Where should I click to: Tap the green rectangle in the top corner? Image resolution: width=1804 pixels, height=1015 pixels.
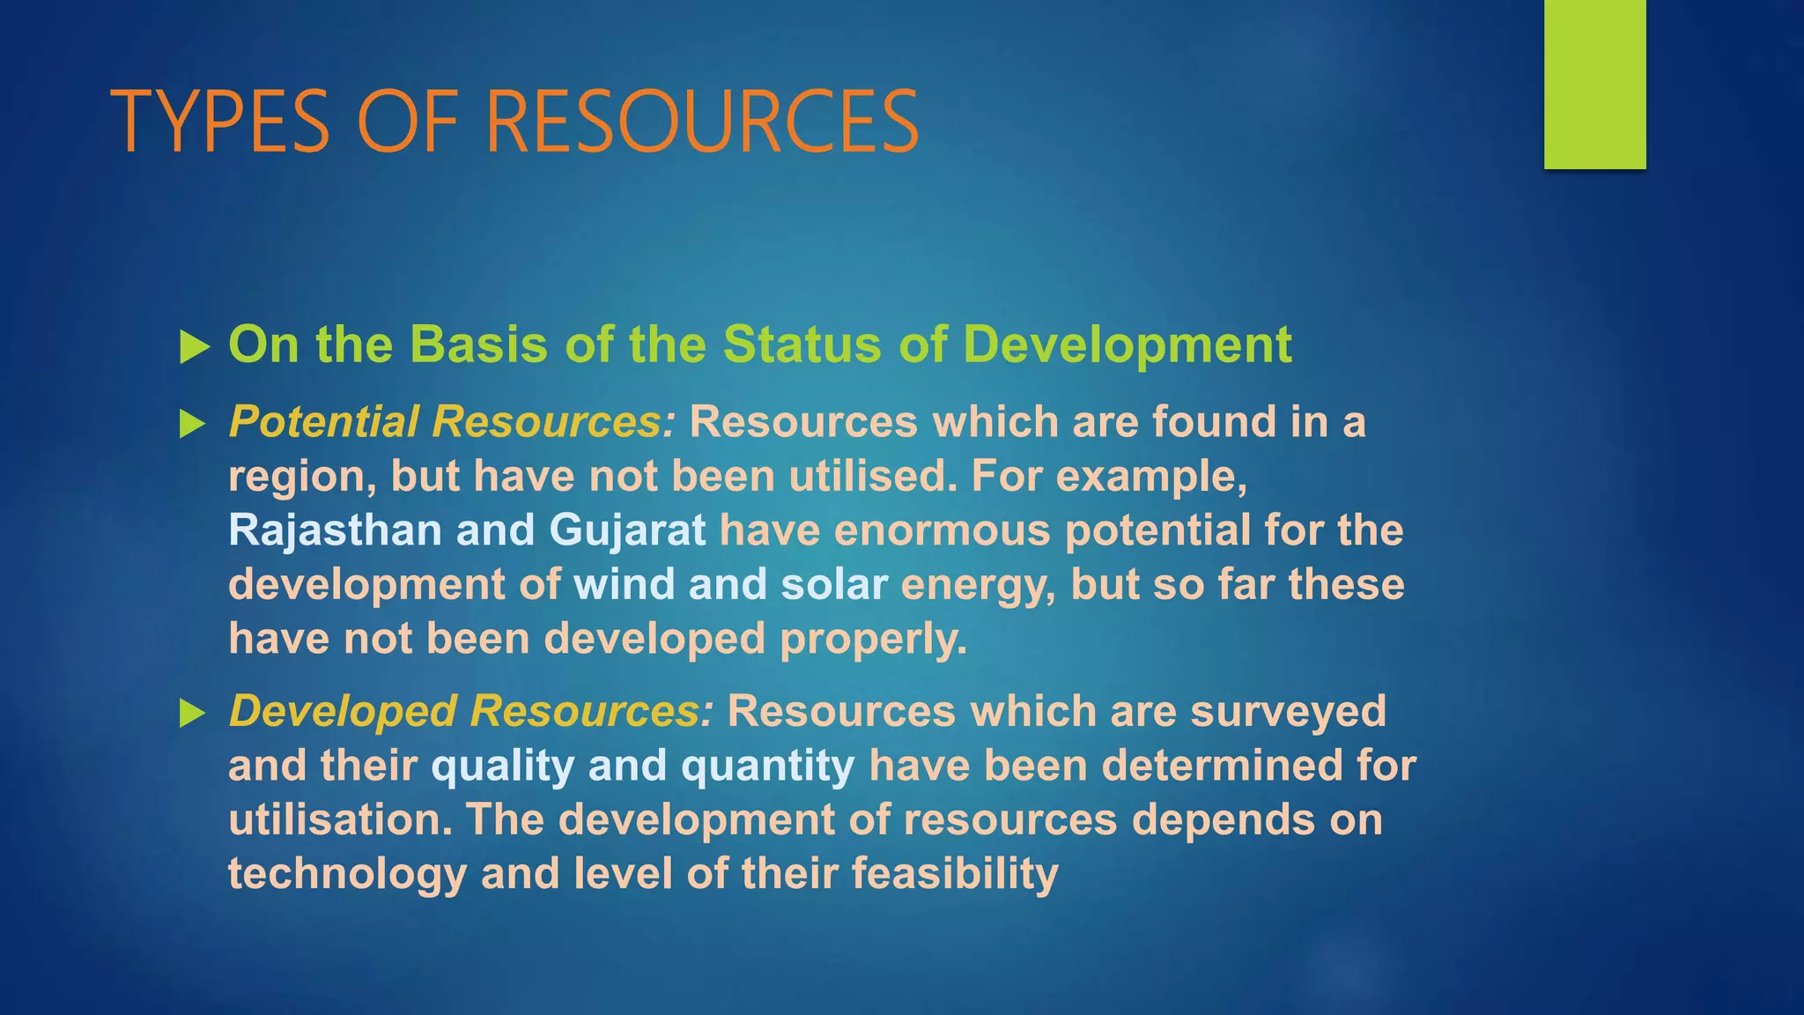tap(1594, 84)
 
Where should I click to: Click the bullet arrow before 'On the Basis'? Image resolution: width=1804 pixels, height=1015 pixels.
tap(194, 347)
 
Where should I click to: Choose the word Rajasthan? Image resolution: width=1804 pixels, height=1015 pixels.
tap(335, 530)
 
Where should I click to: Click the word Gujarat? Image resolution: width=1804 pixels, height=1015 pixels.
tap(627, 530)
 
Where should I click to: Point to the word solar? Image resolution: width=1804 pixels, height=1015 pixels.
tap(833, 585)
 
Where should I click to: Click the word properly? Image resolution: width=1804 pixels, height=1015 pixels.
tap(873, 640)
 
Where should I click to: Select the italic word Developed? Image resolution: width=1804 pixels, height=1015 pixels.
tap(343, 711)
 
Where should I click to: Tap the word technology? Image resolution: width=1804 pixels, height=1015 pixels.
tap(347, 874)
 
